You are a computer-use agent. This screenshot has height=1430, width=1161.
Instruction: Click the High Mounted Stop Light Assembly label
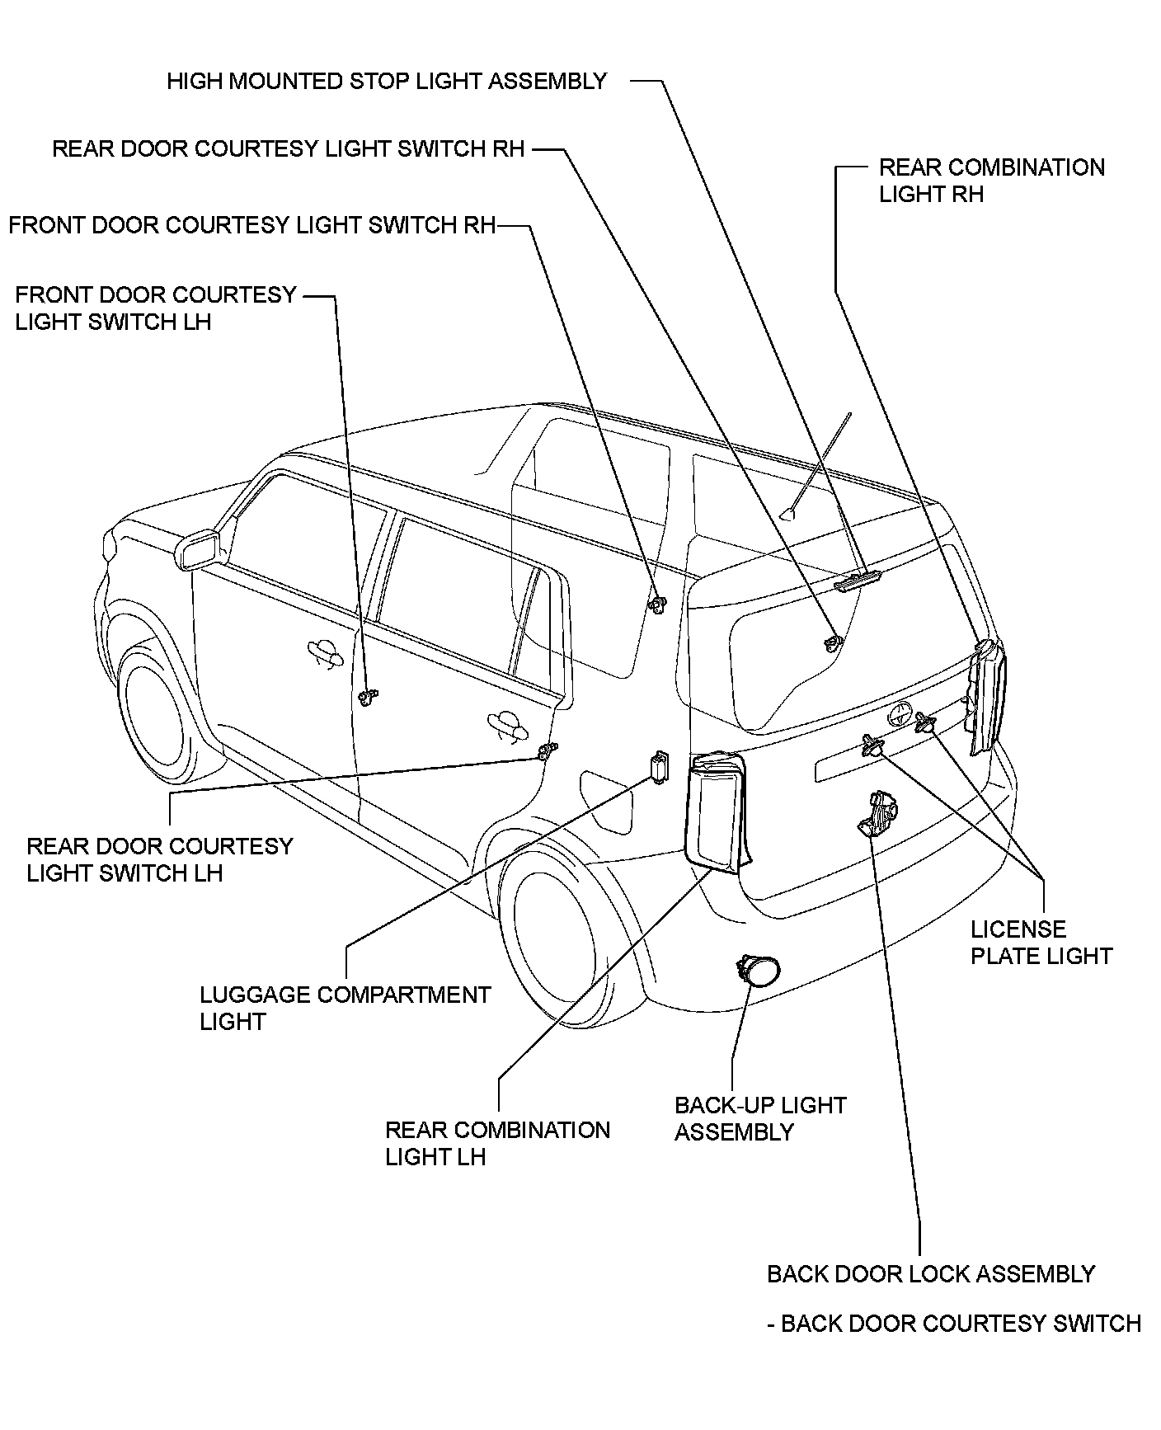[387, 82]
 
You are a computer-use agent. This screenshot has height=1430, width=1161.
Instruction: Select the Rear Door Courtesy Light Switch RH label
[289, 149]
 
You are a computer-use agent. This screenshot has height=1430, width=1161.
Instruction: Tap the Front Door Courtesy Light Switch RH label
[252, 225]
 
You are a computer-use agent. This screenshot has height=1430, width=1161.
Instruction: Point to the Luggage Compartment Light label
[345, 1008]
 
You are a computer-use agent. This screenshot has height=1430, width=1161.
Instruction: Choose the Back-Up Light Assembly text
[760, 1118]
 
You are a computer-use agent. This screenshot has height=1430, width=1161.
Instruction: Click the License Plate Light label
[1041, 943]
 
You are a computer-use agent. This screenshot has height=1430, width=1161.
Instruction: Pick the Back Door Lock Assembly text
[930, 1274]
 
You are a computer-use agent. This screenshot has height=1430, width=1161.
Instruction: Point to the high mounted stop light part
[858, 582]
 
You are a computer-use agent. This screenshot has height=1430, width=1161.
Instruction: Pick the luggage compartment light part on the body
[659, 768]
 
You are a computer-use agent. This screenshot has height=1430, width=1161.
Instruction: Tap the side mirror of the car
[199, 550]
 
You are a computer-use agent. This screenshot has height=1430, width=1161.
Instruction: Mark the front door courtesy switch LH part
[368, 697]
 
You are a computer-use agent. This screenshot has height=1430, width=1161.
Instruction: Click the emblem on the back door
[900, 714]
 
